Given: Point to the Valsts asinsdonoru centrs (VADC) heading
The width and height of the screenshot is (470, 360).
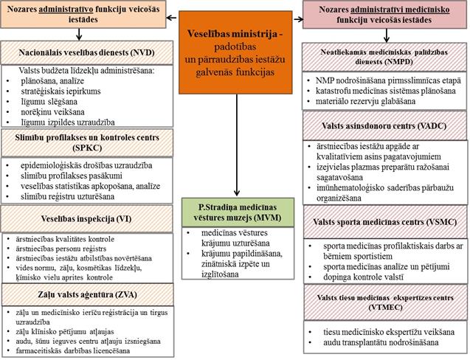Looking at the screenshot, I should [385, 126].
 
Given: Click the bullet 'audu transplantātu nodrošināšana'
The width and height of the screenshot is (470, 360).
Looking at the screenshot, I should [376, 343].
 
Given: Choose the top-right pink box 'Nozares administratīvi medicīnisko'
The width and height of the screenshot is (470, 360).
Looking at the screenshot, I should [385, 13].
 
